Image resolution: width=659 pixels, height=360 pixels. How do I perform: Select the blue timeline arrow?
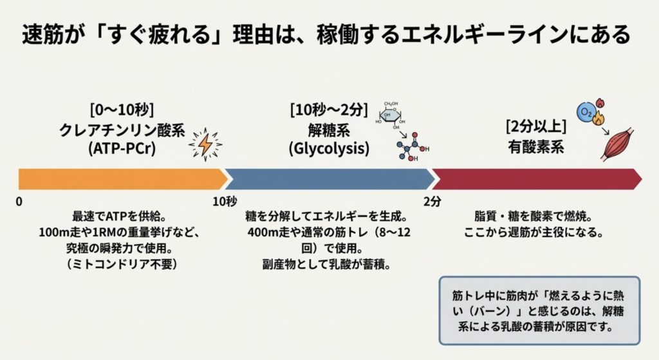328,179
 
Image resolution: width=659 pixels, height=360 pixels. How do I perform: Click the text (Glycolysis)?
329,149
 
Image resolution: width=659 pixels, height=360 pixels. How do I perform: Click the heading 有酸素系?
535,147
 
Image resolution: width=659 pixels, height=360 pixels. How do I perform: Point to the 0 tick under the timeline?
19,202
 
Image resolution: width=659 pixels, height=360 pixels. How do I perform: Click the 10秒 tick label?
225,202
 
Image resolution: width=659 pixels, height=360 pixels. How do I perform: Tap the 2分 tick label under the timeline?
432,202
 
